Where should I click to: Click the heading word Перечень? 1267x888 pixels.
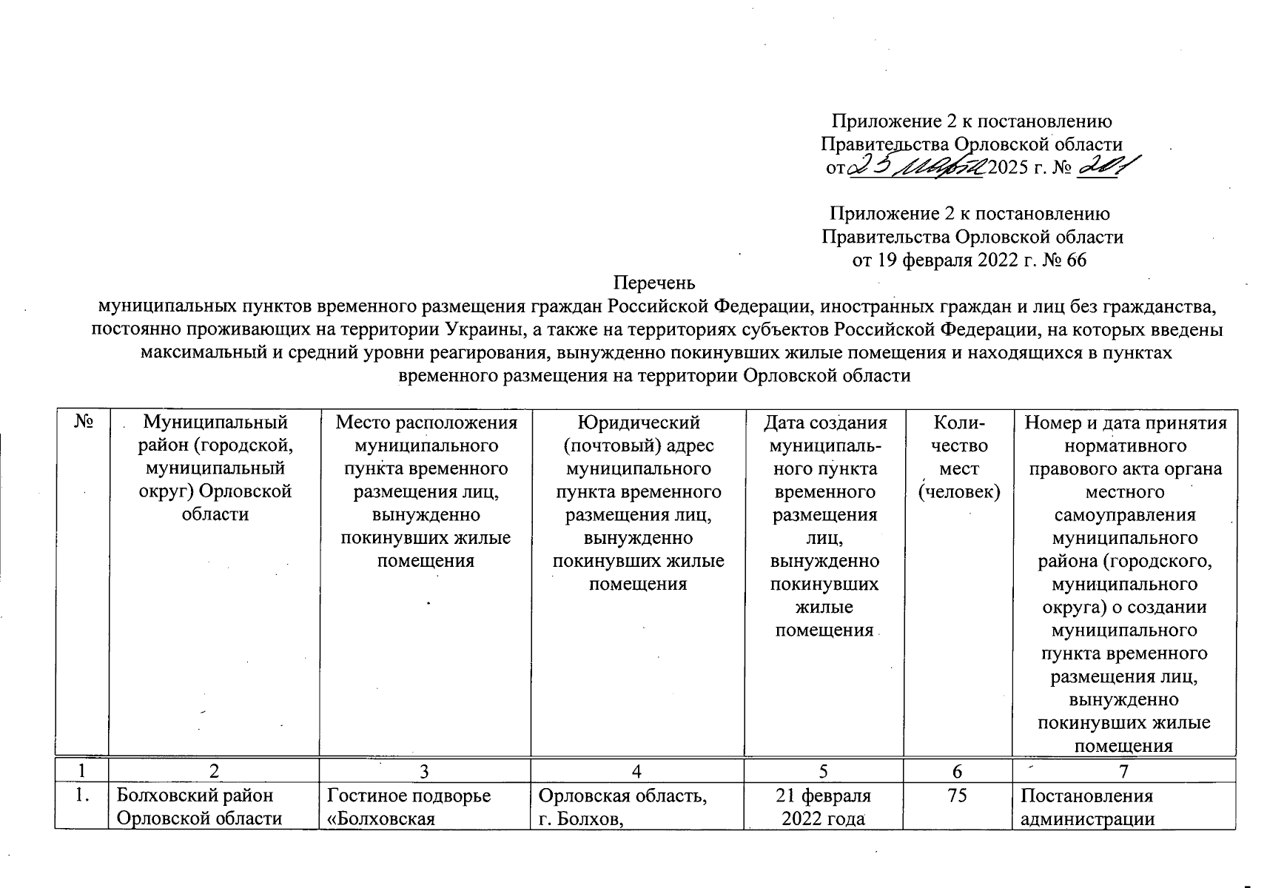point(655,283)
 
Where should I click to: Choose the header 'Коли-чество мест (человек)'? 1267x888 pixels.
point(958,457)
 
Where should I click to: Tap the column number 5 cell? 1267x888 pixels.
point(824,772)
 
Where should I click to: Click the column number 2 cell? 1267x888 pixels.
point(214,772)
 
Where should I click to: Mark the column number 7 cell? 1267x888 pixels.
point(1123,772)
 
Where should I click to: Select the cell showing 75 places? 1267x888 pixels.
point(958,796)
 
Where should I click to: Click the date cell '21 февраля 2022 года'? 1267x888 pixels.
point(824,807)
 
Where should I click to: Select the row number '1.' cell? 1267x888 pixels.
point(81,796)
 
